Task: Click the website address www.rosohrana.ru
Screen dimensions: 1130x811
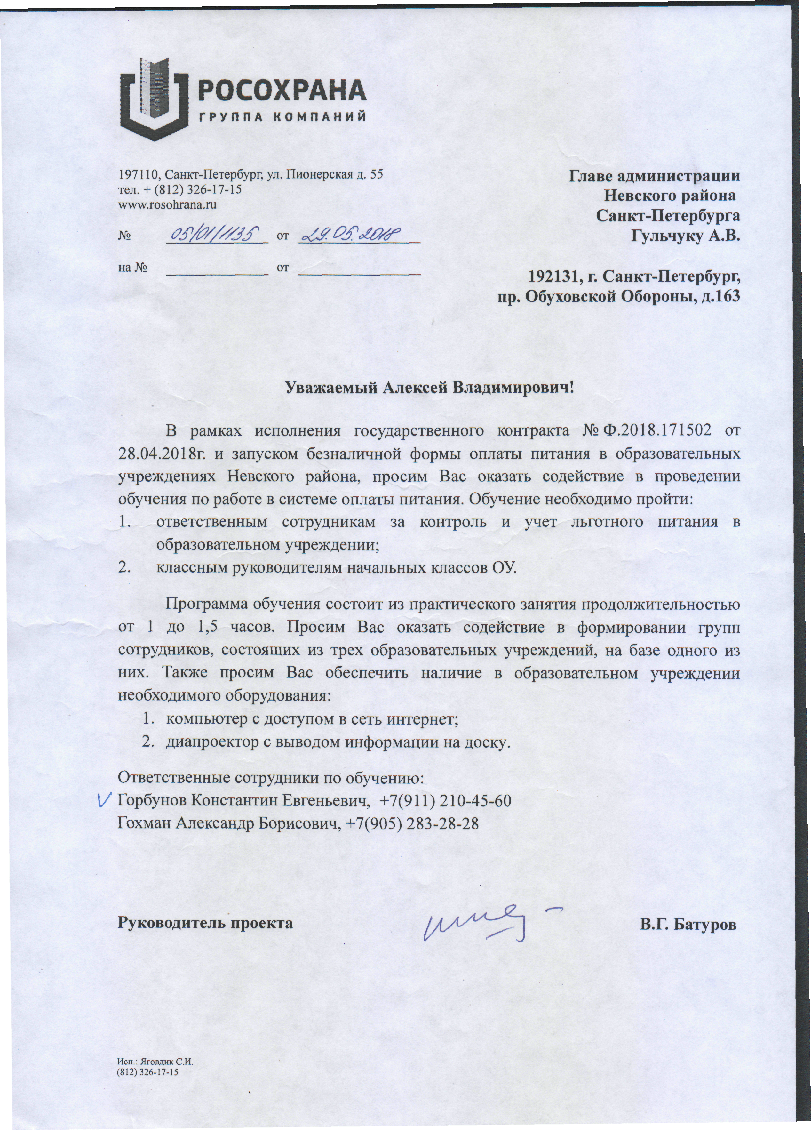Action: coord(167,204)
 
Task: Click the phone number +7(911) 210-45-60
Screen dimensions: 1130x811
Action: coord(445,801)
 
